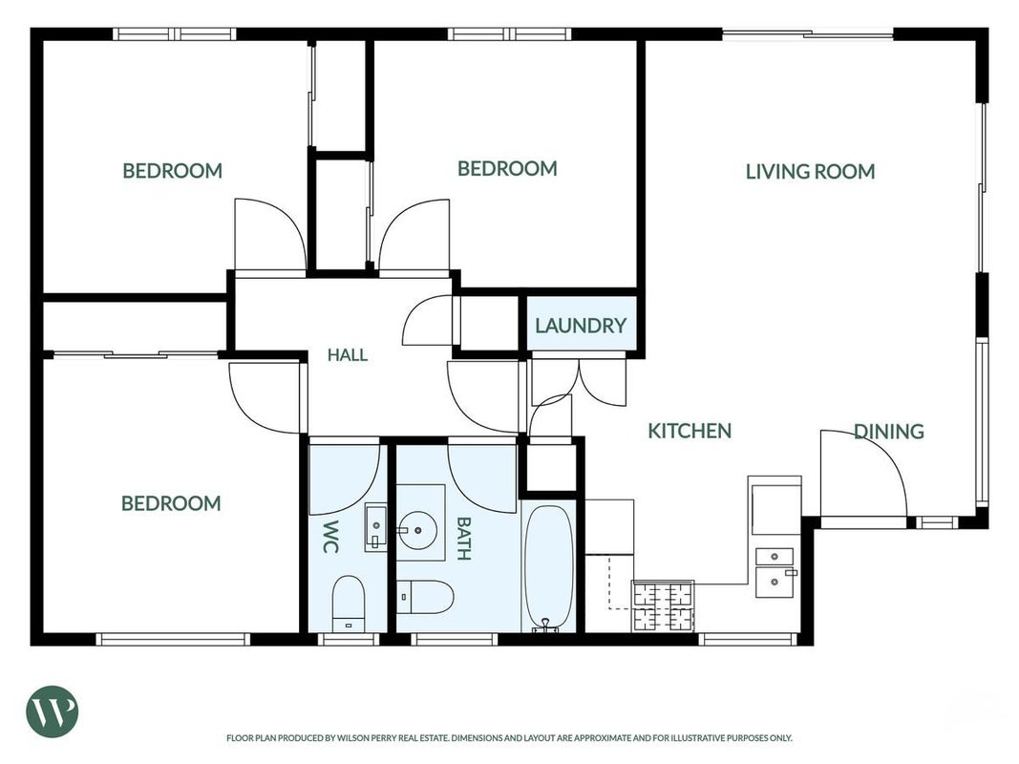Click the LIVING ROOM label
point(810,172)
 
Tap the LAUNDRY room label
point(581,325)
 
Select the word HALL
point(347,354)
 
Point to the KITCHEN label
point(690,431)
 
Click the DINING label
point(888,432)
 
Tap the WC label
point(330,536)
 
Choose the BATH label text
point(463,538)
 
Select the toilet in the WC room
point(349,604)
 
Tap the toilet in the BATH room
point(425,597)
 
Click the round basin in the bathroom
point(418,530)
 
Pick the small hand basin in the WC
point(375,526)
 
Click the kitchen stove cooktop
point(663,606)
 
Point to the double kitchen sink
point(775,572)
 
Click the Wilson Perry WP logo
point(52,711)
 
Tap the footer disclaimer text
point(509,738)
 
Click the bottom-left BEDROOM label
point(171,503)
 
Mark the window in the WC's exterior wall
point(349,639)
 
